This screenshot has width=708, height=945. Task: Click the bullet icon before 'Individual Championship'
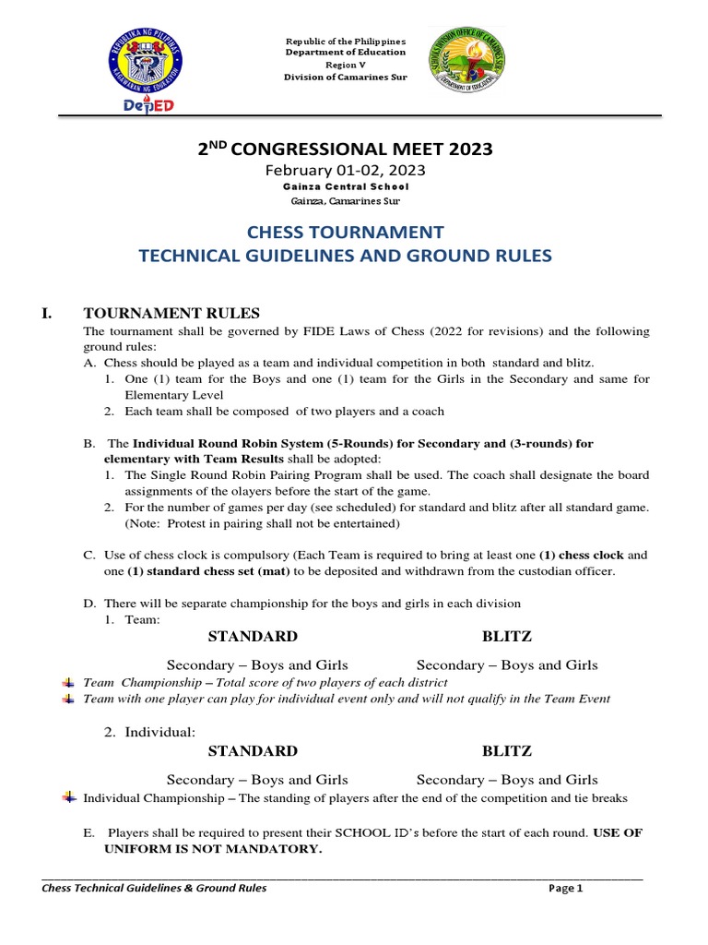point(69,796)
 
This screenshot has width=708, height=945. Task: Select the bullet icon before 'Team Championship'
point(69,682)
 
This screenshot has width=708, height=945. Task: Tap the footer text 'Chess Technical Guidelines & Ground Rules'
point(155,889)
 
